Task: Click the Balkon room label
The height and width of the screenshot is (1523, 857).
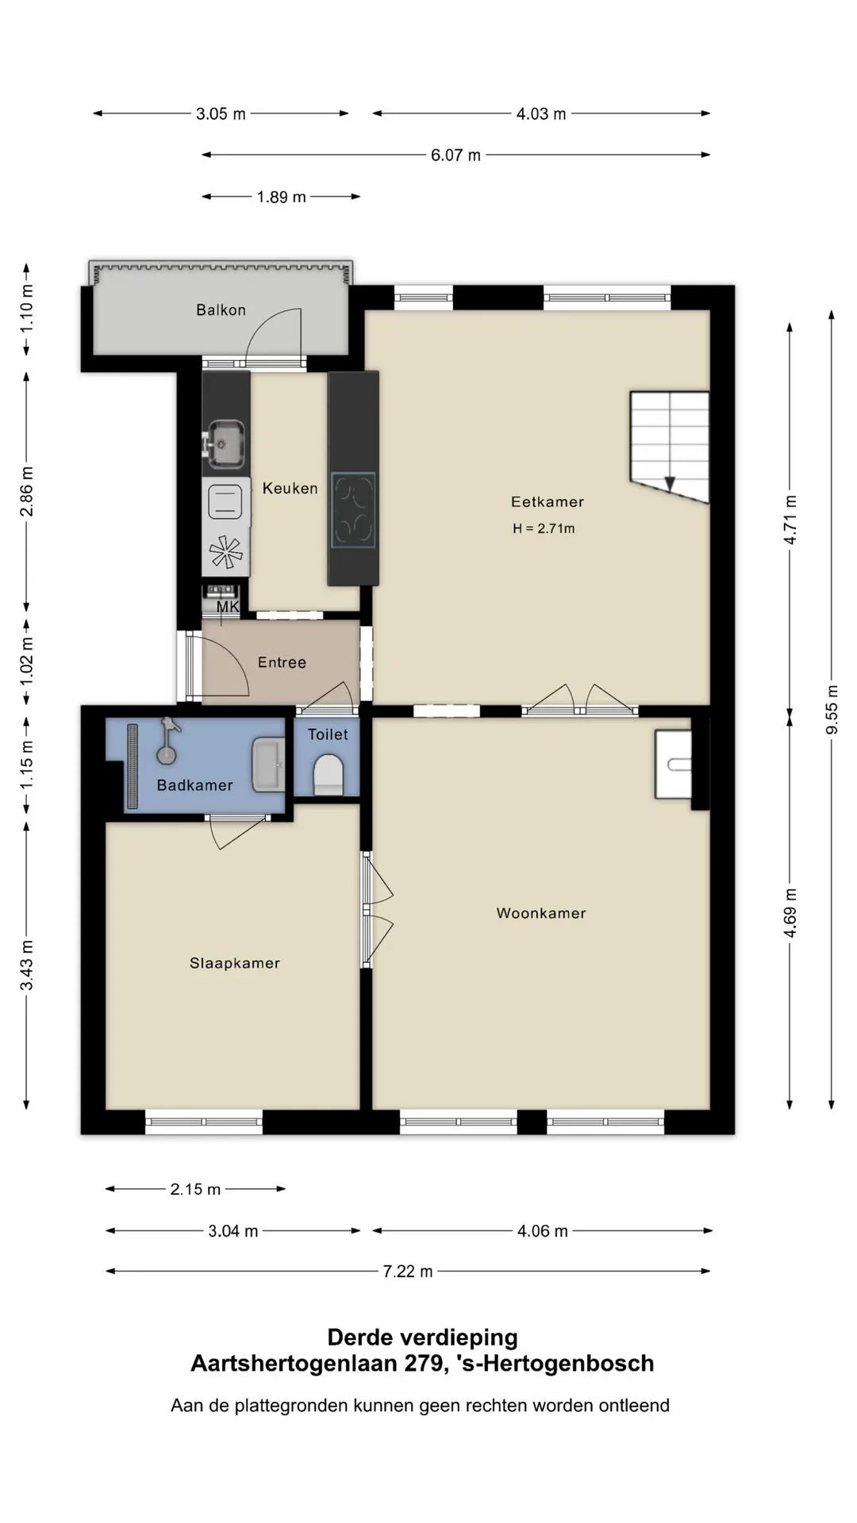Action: (x=221, y=310)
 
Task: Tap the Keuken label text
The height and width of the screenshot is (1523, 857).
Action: (x=290, y=489)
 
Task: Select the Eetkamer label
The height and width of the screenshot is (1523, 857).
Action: (x=548, y=501)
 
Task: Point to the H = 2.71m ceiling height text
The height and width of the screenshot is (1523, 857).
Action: (x=544, y=528)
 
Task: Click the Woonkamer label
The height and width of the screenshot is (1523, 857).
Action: (x=541, y=913)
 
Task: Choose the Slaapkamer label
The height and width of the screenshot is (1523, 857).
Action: (x=235, y=963)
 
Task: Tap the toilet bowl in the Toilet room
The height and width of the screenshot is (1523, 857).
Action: (x=329, y=774)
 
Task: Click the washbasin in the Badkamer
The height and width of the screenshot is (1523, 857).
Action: (x=268, y=765)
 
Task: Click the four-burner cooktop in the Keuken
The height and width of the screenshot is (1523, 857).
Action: (x=353, y=510)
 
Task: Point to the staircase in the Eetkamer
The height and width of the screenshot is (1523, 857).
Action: (x=669, y=446)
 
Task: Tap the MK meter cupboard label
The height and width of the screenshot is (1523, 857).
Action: (x=228, y=608)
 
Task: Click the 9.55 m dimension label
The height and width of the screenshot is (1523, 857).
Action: (x=832, y=708)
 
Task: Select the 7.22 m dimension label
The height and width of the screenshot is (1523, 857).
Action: (x=408, y=1272)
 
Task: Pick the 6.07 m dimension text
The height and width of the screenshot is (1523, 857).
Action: (x=455, y=155)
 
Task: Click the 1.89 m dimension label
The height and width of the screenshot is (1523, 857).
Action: (x=281, y=197)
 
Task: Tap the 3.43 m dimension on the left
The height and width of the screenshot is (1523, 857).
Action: (x=27, y=965)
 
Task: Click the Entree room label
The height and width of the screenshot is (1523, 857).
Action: (x=282, y=662)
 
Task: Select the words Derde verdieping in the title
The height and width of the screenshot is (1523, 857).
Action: (x=422, y=1337)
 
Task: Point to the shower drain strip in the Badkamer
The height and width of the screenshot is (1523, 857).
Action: (x=133, y=766)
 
